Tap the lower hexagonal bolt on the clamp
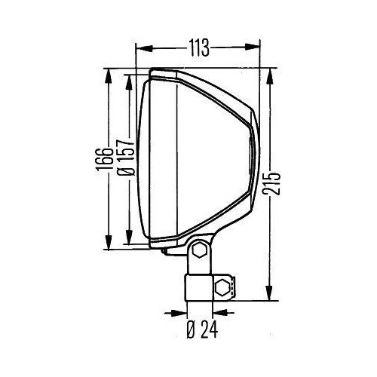coord(222,287)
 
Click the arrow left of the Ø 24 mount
coord(179,310)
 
